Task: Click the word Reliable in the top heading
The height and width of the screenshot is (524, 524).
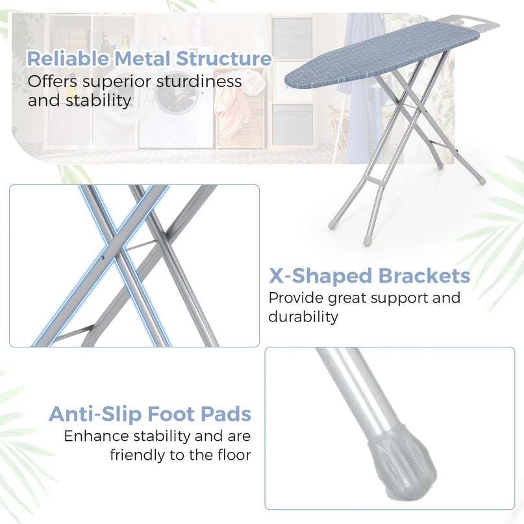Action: point(68,58)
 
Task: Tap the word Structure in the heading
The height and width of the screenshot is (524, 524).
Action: point(223,58)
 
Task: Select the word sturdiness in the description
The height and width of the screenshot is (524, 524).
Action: point(199,82)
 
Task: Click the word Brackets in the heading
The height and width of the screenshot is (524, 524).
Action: point(425,276)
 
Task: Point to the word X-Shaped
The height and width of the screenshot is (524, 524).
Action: point(321,277)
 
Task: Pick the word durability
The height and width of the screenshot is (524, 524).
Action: point(303,317)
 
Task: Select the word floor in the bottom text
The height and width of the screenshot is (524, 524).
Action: point(234,455)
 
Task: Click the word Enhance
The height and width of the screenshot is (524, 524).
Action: point(96,436)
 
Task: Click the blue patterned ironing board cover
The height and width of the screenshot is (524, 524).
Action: point(381,55)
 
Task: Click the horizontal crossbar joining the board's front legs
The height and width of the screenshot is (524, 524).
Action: point(373,181)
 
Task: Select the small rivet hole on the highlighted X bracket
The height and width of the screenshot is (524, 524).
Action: point(103,258)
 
